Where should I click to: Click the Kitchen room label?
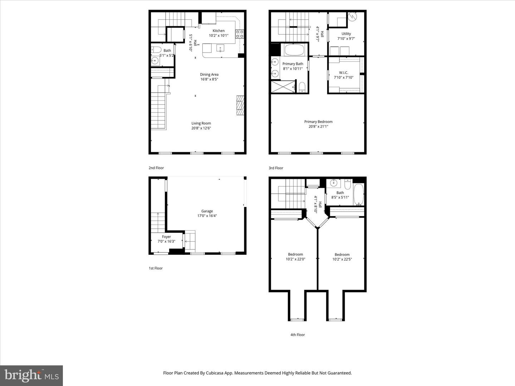point(219,31)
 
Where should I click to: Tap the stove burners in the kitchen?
point(240,34)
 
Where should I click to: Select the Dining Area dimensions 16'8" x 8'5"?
point(209,79)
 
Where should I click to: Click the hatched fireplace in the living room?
point(240,105)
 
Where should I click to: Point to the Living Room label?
point(201,123)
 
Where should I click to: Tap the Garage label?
point(207,211)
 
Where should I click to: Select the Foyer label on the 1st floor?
point(166,237)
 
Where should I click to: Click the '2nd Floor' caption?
point(156,168)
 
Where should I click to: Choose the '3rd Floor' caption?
point(276,168)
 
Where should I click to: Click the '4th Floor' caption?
point(298,335)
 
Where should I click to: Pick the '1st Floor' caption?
point(156,268)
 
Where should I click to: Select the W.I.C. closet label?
point(343,73)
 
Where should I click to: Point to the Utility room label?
point(346,34)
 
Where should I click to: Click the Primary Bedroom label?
point(318,122)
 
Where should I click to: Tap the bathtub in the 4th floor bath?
point(359,194)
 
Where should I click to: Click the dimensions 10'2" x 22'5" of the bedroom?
point(342,259)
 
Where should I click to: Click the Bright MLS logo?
point(31,375)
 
